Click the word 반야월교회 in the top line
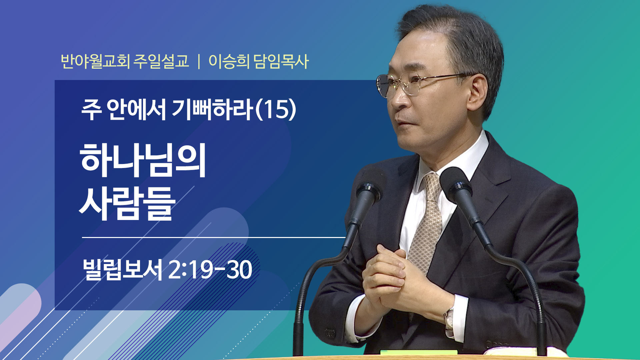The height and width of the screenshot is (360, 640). click(x=95, y=61)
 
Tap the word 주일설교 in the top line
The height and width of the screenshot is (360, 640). click(x=161, y=61)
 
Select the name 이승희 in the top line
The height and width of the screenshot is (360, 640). click(x=229, y=61)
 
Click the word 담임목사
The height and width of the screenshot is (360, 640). click(x=281, y=61)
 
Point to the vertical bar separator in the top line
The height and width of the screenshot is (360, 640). click(x=199, y=62)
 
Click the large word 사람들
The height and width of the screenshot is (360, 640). click(x=127, y=203)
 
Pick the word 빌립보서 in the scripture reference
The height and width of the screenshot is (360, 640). click(x=122, y=269)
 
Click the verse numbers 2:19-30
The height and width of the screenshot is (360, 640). click(x=210, y=270)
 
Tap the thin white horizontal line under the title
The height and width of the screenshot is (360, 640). click(x=214, y=237)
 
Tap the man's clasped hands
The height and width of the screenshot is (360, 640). click(x=387, y=277)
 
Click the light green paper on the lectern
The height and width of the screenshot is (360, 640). click(x=419, y=352)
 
